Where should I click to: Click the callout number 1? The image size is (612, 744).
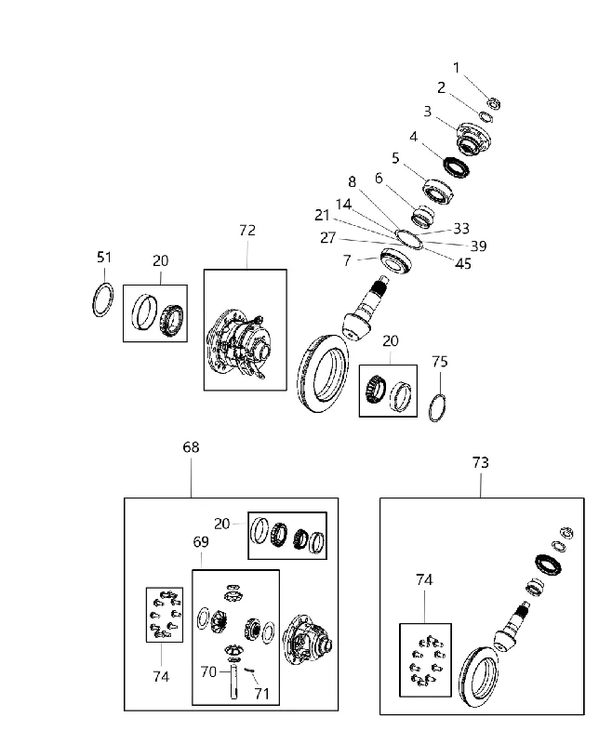coord(457,68)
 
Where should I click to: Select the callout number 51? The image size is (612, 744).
coord(104,258)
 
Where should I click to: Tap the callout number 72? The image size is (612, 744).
coord(247,230)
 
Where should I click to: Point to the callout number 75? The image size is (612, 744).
coord(440,362)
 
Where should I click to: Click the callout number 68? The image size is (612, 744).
coord(191,447)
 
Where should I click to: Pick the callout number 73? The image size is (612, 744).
coord(481,462)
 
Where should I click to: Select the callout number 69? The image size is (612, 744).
coord(201,542)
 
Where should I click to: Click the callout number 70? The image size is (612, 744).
coord(208,671)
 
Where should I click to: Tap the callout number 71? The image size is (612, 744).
coord(262,694)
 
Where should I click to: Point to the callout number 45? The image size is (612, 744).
coord(463,264)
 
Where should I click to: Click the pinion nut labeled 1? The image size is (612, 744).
coord(495,103)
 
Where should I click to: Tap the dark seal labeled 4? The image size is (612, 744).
coord(457,167)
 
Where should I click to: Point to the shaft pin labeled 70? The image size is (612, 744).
coord(233,683)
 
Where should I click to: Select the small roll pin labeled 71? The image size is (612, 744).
coord(249,670)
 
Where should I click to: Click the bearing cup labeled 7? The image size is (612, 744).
coord(395,260)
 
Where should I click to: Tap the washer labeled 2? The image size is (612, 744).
coord(486,117)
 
